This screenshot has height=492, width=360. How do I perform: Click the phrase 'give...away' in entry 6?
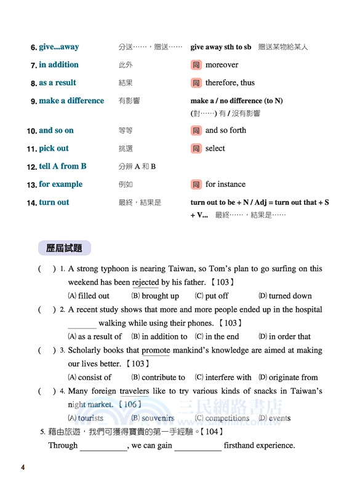tap(58, 47)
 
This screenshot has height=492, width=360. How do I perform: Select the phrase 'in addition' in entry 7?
tap(58, 65)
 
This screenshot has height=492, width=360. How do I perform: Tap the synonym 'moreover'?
tap(222, 65)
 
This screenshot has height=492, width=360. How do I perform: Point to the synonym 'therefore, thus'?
tap(230, 82)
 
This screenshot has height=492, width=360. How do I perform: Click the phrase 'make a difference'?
tap(71, 100)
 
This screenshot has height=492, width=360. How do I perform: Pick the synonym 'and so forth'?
tap(225, 130)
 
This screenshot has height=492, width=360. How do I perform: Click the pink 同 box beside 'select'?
tap(196, 148)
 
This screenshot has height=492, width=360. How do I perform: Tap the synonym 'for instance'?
tap(225, 184)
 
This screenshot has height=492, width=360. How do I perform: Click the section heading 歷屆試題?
tap(64, 248)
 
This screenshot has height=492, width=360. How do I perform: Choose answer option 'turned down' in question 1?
tap(290, 296)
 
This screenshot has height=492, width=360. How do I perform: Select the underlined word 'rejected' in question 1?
tap(146, 282)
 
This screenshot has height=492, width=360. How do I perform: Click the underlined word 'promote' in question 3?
tap(156, 351)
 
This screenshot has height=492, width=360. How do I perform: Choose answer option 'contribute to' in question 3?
tap(163, 377)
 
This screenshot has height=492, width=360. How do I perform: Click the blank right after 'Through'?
tap(103, 446)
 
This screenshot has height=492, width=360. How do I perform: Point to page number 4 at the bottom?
tap(23, 468)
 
